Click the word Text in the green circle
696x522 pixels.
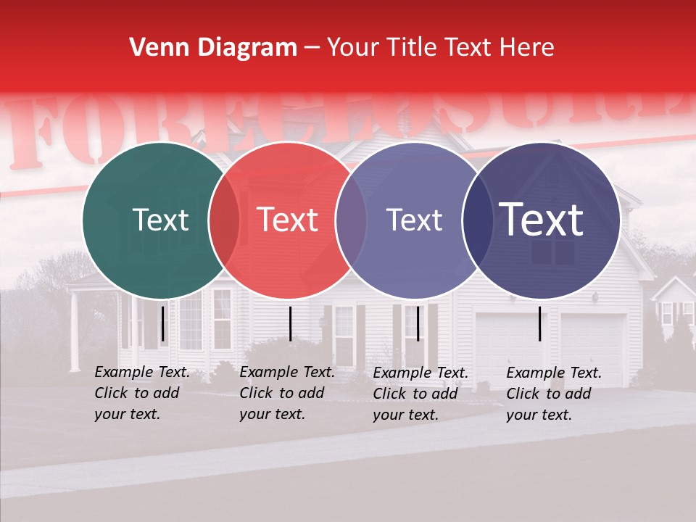(160, 220)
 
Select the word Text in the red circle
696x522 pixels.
(287, 220)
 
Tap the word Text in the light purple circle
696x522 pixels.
(414, 220)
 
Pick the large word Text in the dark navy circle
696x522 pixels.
(541, 220)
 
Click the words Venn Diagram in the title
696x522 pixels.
(213, 48)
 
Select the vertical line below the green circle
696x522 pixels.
(163, 323)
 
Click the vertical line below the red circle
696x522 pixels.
(290, 323)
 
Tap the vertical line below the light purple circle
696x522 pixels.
(417, 323)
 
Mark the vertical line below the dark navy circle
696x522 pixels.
(540, 323)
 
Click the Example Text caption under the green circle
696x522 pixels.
(141, 393)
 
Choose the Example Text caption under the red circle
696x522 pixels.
(286, 393)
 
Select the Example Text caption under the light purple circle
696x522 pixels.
(420, 394)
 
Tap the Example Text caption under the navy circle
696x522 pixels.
(553, 394)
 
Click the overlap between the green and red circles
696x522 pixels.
(224, 220)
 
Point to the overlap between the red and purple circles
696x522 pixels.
(351, 220)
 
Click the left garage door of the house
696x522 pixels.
(507, 348)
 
